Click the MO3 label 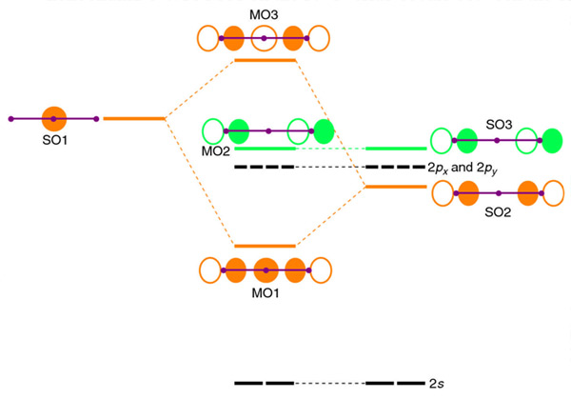click(265, 12)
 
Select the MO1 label click(266, 292)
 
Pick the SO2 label click(498, 213)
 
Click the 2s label click(436, 383)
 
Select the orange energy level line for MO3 click(266, 60)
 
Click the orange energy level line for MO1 click(266, 246)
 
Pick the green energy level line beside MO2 click(266, 149)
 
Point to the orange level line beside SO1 click(133, 118)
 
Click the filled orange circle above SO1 click(54, 118)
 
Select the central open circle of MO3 click(265, 38)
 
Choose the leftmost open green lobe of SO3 click(442, 141)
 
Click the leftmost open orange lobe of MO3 click(208, 38)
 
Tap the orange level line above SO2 click(396, 186)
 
